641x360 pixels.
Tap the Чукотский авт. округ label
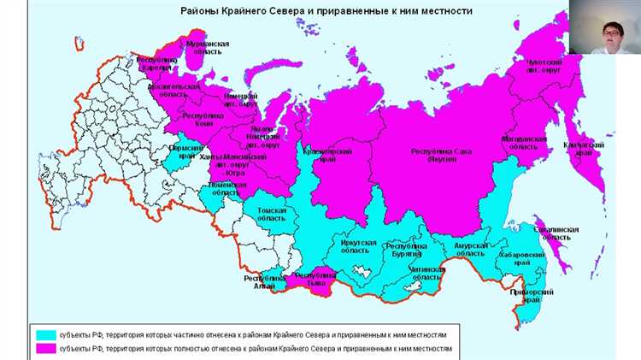(544, 68)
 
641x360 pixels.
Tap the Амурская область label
(470, 250)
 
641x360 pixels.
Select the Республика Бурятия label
(405, 250)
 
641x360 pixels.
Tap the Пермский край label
(185, 153)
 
